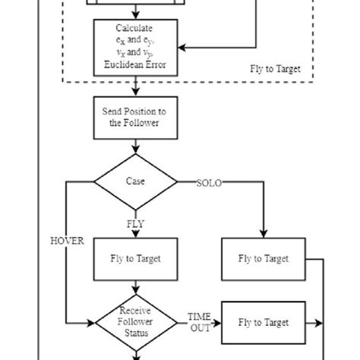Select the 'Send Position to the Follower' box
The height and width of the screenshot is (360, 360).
[134, 117]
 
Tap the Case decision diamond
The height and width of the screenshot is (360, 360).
[134, 182]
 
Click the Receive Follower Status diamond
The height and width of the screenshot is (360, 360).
[134, 323]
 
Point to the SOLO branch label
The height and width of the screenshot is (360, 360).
[209, 183]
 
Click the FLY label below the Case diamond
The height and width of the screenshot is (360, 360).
[134, 224]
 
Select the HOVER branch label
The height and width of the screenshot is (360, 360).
[67, 241]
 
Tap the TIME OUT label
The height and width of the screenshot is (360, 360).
[199, 322]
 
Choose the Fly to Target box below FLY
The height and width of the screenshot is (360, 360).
[134, 259]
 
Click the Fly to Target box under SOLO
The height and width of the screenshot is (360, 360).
[264, 259]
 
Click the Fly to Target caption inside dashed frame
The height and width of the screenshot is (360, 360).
[275, 69]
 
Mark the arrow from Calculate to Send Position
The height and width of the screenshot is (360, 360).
[134, 87]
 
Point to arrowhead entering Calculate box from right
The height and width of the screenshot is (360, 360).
[182, 48]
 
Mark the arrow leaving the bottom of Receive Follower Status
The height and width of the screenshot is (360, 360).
[134, 354]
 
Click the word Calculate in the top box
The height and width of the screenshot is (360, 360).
[134, 28]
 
